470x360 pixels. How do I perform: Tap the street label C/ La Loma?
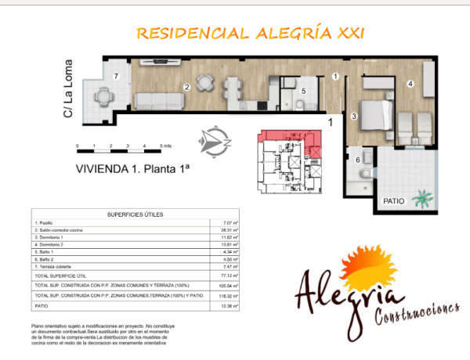pyautogui.click(x=68, y=88)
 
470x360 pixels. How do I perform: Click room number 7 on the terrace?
pyautogui.click(x=115, y=76)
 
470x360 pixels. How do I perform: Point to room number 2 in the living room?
pyautogui.click(x=186, y=88)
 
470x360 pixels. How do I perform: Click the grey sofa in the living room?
pyautogui.click(x=159, y=102)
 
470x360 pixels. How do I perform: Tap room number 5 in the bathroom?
pyautogui.click(x=304, y=91)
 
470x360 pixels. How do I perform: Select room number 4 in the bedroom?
pyautogui.click(x=410, y=83)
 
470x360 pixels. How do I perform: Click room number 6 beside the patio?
pyautogui.click(x=359, y=160)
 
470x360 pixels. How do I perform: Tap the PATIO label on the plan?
pyautogui.click(x=394, y=201)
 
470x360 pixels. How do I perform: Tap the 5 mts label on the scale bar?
pyautogui.click(x=166, y=146)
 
